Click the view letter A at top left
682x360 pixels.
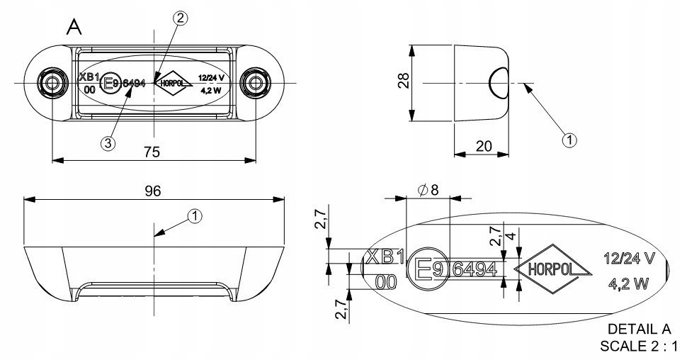click(74, 27)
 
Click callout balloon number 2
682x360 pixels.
click(180, 18)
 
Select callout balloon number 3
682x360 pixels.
click(108, 142)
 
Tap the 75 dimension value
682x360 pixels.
click(152, 152)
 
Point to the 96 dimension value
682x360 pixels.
click(153, 191)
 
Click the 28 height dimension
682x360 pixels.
click(404, 81)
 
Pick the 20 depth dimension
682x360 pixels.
click(483, 146)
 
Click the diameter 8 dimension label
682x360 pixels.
click(428, 190)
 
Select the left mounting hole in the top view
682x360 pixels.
click(52, 83)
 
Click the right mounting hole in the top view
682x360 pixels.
click(256, 83)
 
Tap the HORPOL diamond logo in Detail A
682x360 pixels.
click(553, 269)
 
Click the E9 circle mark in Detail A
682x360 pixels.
click(428, 269)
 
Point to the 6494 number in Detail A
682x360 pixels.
click(474, 270)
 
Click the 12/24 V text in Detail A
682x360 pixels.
click(629, 259)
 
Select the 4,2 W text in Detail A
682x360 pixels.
click(628, 284)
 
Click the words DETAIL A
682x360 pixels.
click(640, 329)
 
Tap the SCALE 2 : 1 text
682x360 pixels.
click(637, 346)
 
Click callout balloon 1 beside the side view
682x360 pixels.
click(569, 140)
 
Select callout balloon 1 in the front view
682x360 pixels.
click(195, 216)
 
